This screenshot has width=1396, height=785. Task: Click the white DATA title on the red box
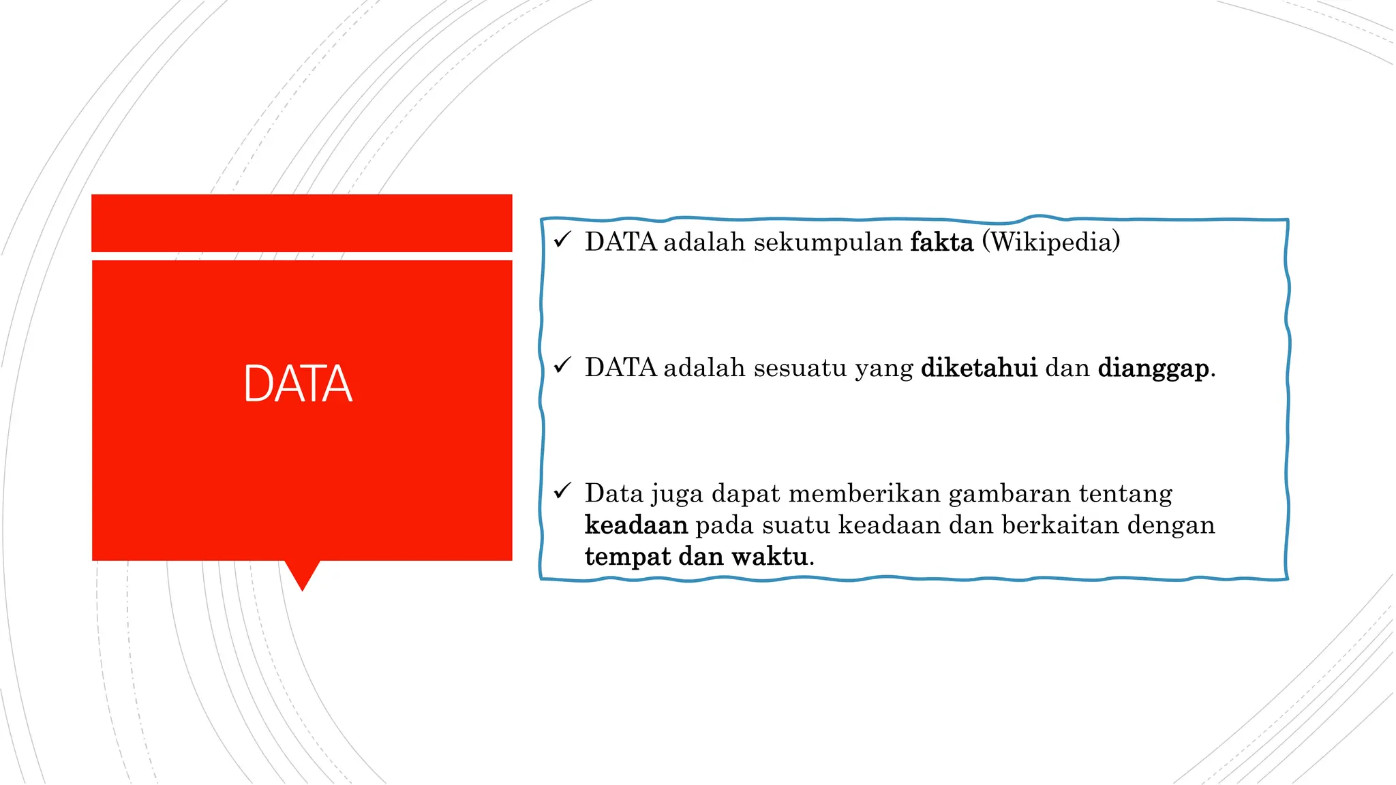tap(298, 384)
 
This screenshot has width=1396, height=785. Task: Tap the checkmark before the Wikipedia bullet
tap(562, 240)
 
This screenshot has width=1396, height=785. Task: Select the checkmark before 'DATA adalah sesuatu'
tap(562, 366)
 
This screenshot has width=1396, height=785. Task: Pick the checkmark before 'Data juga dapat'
tap(562, 491)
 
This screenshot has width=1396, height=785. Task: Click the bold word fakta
tap(941, 243)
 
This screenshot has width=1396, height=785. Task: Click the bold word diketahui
tap(979, 368)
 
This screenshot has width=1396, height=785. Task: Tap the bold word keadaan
tap(636, 525)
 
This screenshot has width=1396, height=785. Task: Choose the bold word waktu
tap(770, 557)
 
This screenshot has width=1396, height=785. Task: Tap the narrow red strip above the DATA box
tap(301, 223)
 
